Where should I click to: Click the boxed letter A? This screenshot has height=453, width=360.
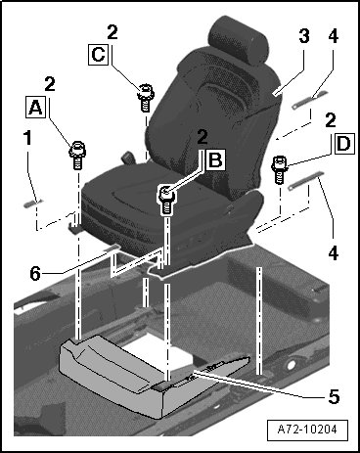click(35, 108)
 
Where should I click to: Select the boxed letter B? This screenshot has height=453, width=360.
click(215, 159)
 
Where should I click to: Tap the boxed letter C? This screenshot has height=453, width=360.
click(98, 54)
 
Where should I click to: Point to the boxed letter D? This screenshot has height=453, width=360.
click(343, 144)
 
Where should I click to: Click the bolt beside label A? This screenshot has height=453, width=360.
click(77, 155)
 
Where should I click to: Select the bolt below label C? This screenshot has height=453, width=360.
click(146, 97)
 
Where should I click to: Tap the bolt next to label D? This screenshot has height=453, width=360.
click(279, 169)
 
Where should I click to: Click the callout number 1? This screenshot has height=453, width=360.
click(27, 138)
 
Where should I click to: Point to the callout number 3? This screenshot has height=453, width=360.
click(304, 36)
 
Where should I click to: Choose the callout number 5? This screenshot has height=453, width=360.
click(334, 396)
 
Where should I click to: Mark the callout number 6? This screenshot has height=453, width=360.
click(35, 273)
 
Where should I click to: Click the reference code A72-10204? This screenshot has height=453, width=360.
click(307, 430)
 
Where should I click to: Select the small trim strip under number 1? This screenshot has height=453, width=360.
click(33, 203)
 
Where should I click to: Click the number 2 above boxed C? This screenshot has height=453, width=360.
click(112, 32)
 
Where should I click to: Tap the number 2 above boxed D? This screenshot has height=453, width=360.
click(330, 120)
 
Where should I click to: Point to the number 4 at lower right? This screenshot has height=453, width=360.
click(333, 253)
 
